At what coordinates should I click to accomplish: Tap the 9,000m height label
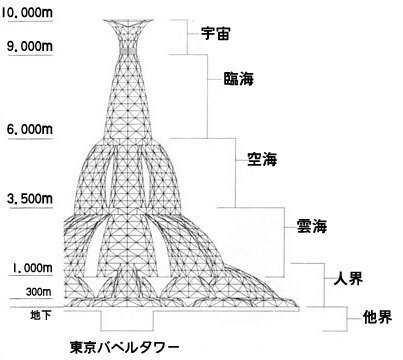pos(29,46)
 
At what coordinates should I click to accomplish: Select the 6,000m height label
pos(29,129)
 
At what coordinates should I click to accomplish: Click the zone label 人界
pos(345,275)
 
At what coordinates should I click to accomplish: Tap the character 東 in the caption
pos(77,349)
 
